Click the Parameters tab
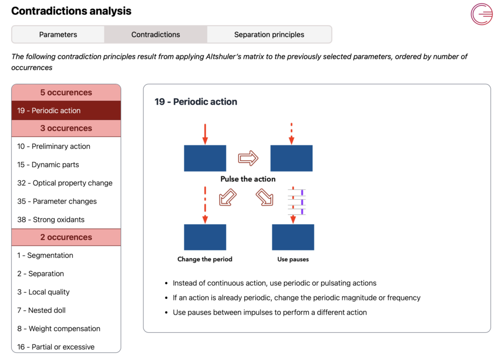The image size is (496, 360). coord(58,34)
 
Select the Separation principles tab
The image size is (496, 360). coord(269,34)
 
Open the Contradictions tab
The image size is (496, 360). coord(155,34)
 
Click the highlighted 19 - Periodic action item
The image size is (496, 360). coord(66,110)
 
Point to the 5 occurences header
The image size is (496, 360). coord(66,93)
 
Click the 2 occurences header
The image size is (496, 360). coord(66,237)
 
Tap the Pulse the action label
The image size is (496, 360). coord(248,179)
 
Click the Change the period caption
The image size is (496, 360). coord(205,259)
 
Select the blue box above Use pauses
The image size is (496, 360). coord(293,237)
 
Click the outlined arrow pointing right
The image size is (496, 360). coord(248,158)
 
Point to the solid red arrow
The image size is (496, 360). coord(205,134)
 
